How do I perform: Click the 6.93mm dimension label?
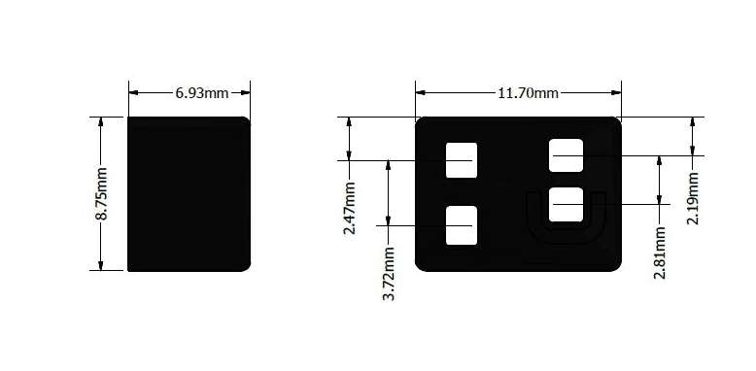click(x=201, y=92)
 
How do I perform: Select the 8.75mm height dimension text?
click(x=101, y=193)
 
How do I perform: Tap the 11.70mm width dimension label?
click(x=528, y=92)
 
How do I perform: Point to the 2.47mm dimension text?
click(x=350, y=208)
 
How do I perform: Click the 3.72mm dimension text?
click(x=389, y=274)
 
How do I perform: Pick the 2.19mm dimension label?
click(x=693, y=198)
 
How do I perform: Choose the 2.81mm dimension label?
click(x=660, y=253)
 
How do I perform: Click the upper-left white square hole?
click(x=462, y=160)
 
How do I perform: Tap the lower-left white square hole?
click(x=462, y=225)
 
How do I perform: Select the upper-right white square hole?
click(x=567, y=155)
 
